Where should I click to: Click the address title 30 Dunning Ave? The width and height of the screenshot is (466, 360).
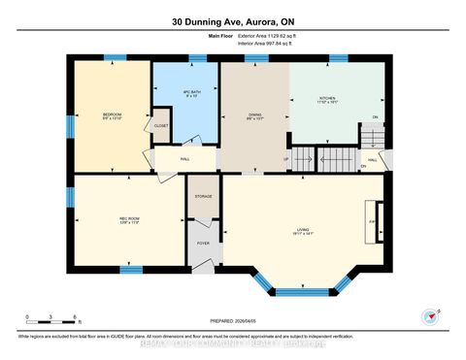coord(232,19)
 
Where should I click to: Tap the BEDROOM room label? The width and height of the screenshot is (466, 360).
coord(112,115)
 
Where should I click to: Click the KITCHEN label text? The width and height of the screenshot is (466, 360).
coord(328,97)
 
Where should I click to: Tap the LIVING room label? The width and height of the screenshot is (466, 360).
coord(306,231)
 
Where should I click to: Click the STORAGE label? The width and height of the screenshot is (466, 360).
coord(203,196)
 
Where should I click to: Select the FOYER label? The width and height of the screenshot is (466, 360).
coord(203,244)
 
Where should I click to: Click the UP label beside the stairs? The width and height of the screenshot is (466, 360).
coord(286,158)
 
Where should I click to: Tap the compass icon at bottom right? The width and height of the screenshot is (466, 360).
coord(431,316)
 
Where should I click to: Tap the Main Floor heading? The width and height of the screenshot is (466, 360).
coord(222,35)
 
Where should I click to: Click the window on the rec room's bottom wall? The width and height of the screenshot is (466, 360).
coord(131,268)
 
